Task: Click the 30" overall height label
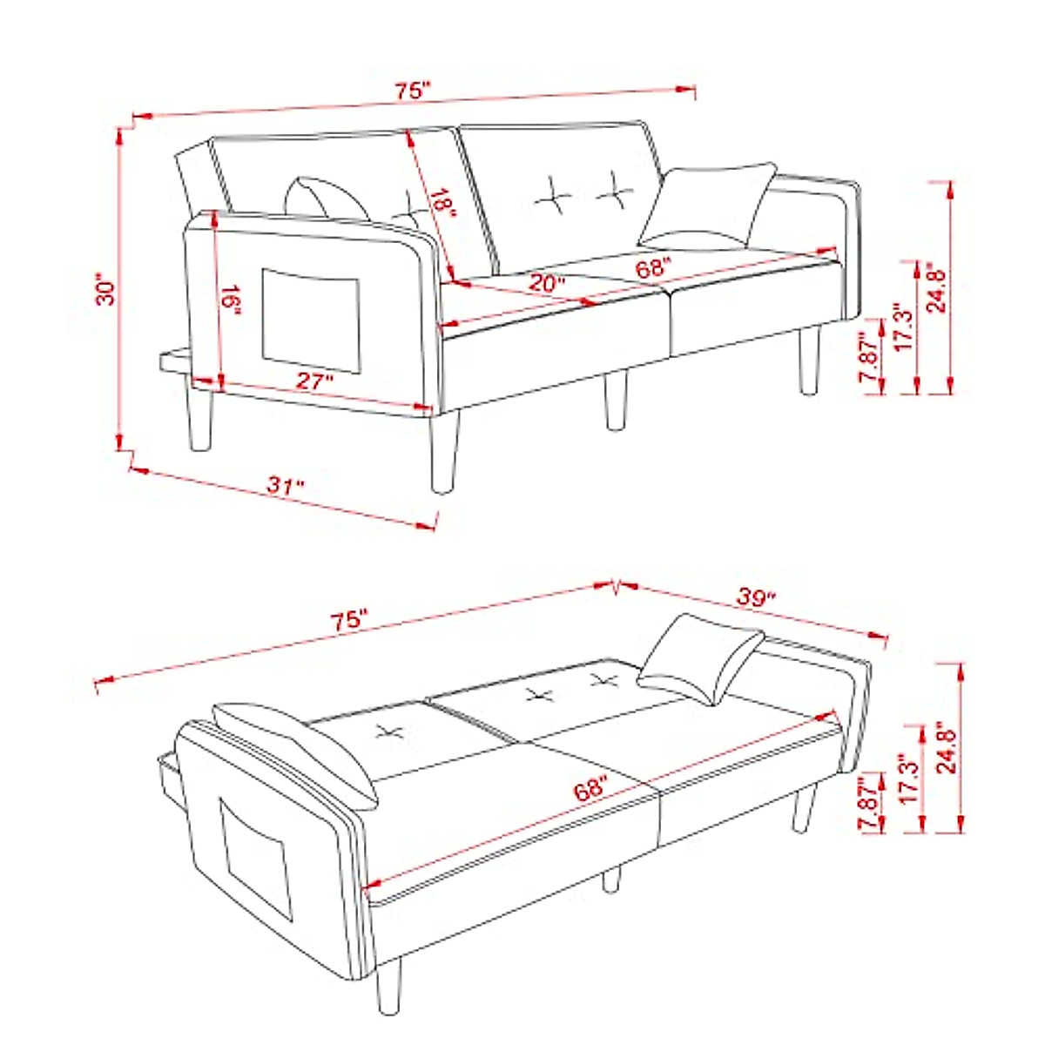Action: [105, 291]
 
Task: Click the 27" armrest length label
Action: [315, 381]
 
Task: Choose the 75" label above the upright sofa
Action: [413, 90]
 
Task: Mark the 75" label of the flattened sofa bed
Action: [348, 621]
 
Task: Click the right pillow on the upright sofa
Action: [707, 207]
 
